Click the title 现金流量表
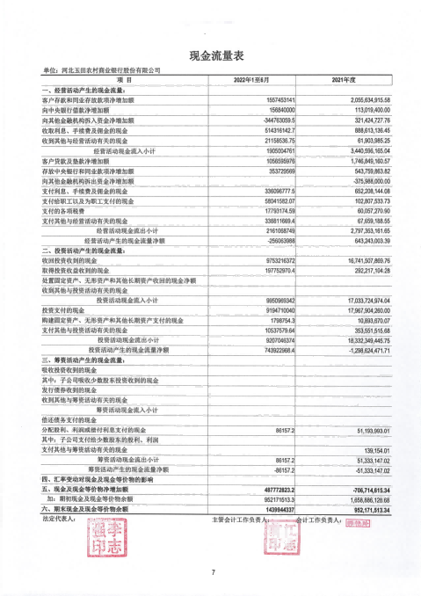tap(211, 55)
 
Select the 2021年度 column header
tap(342, 80)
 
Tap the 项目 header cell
tap(123, 80)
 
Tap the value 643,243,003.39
tap(361, 239)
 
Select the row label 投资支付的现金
tap(65, 309)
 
